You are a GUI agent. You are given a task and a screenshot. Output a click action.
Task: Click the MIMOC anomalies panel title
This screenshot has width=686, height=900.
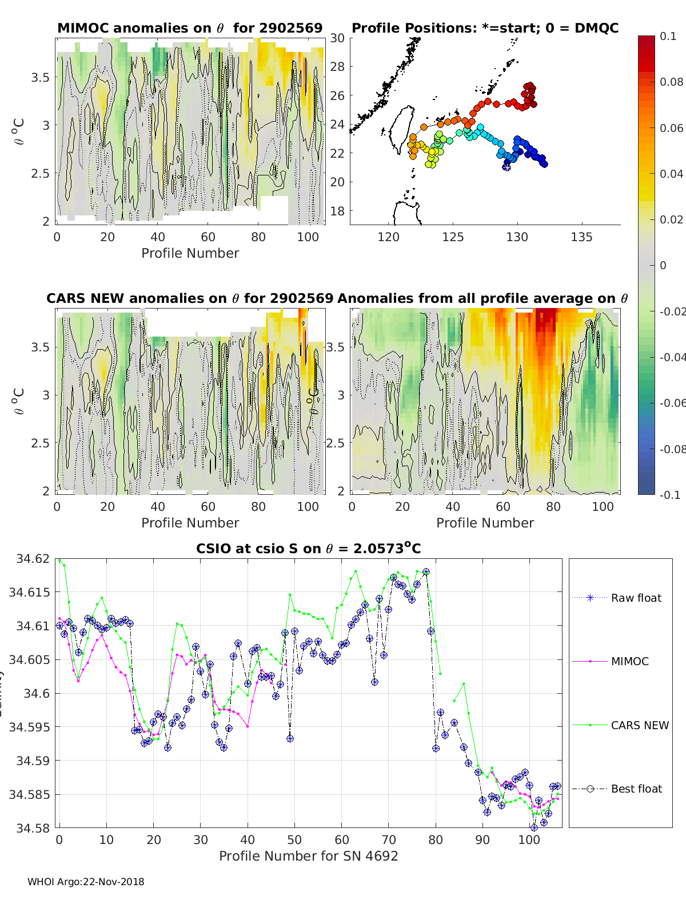tap(190, 28)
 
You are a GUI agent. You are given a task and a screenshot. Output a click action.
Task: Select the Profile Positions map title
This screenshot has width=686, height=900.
tap(485, 28)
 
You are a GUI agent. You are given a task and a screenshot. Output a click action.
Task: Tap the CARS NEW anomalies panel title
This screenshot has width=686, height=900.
tap(190, 298)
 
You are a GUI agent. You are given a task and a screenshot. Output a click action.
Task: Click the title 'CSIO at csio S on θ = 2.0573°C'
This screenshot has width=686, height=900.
tap(308, 549)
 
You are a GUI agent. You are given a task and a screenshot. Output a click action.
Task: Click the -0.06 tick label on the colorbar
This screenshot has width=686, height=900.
tap(672, 403)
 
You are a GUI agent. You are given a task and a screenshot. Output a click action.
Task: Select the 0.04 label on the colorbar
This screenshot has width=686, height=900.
tap(671, 174)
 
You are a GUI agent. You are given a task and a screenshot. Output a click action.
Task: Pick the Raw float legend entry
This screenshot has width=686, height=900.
tap(636, 598)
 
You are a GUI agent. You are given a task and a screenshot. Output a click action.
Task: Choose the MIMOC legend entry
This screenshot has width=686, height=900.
tap(629, 661)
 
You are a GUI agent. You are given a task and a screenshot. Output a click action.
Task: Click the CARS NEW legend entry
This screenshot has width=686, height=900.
tap(640, 725)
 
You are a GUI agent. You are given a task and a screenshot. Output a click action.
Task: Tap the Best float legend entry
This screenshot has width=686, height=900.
tap(636, 789)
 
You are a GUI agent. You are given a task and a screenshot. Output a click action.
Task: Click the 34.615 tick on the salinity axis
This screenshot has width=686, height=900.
tap(29, 592)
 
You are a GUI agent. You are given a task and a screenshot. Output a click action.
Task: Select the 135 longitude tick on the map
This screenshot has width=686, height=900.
tap(581, 237)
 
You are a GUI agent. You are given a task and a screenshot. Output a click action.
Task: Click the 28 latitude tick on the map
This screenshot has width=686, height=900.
tap(338, 66)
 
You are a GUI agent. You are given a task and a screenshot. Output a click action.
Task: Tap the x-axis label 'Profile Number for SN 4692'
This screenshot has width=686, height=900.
tap(308, 856)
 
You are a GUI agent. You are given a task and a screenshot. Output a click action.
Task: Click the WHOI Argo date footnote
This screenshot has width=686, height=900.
tap(86, 882)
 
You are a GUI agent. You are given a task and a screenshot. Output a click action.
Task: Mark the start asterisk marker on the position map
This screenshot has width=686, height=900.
tap(506, 166)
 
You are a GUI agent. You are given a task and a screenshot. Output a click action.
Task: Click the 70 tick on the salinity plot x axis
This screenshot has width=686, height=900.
tap(389, 839)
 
